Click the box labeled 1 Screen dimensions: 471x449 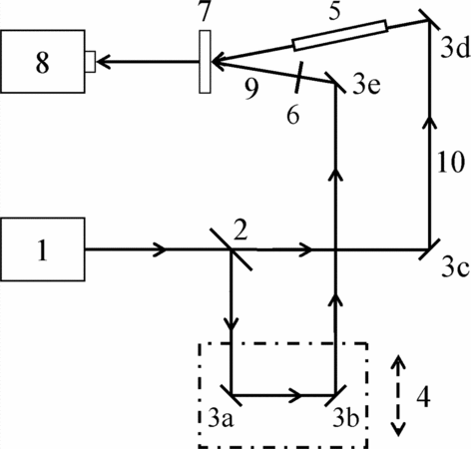click(43, 249)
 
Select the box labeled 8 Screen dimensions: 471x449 click(43, 62)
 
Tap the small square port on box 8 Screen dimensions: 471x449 click(91, 62)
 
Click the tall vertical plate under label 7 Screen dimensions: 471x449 click(205, 62)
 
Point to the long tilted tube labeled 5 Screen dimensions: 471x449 click(340, 35)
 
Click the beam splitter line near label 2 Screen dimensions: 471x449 click(232, 249)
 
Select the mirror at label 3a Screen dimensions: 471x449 click(232, 395)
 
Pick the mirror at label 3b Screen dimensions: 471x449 click(335, 395)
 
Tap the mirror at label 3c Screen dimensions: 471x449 click(429, 249)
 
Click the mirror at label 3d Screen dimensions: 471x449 click(429, 21)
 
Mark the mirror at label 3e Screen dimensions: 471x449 click(335, 83)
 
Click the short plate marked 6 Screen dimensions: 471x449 click(298, 77)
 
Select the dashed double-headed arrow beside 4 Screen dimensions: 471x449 click(398, 395)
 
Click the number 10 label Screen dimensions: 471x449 click(450, 163)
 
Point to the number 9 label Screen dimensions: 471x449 click(251, 89)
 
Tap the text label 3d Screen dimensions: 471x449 click(455, 48)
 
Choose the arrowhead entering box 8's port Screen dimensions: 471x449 click(104, 62)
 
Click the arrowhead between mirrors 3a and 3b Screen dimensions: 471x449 click(295, 395)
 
